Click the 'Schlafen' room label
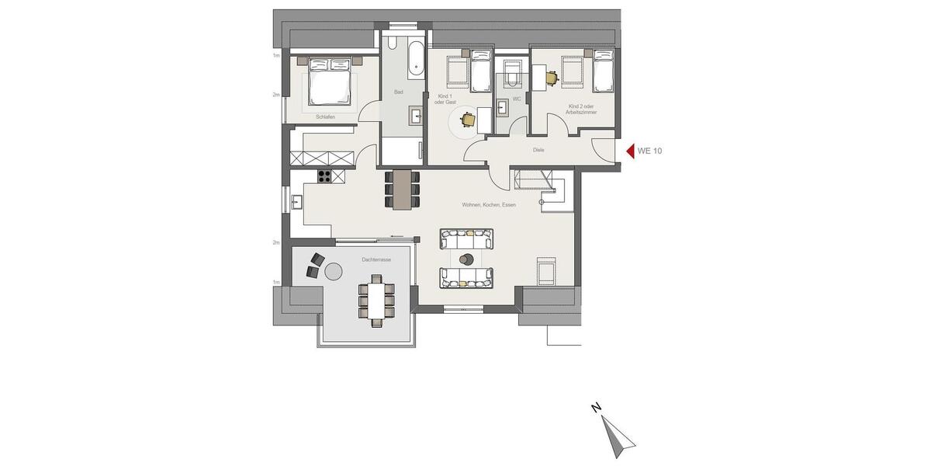pyautogui.click(x=326, y=117)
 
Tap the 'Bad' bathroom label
pyautogui.click(x=399, y=92)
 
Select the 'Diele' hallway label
pyautogui.click(x=538, y=150)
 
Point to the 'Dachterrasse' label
pyautogui.click(x=376, y=259)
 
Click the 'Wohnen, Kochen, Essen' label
pyautogui.click(x=489, y=205)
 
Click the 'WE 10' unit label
pyautogui.click(x=650, y=151)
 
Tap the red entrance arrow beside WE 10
pyautogui.click(x=630, y=151)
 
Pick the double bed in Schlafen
pyautogui.click(x=331, y=81)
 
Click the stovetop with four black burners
pyautogui.click(x=325, y=176)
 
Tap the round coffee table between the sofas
pyautogui.click(x=466, y=259)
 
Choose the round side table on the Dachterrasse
pyautogui.click(x=334, y=271)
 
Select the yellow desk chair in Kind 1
pyautogui.click(x=467, y=119)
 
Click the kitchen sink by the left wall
pyautogui.click(x=297, y=203)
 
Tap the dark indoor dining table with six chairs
pyautogui.click(x=402, y=189)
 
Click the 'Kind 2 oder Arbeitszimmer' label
pyautogui.click(x=582, y=109)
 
